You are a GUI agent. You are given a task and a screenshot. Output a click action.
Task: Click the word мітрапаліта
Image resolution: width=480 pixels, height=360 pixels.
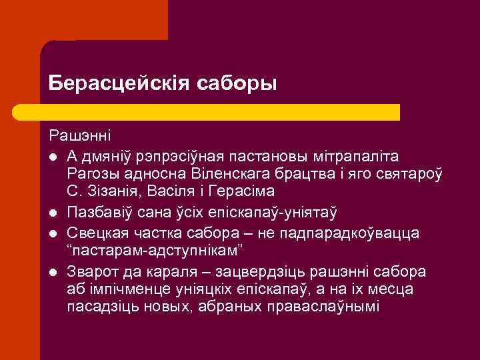(x=360, y=156)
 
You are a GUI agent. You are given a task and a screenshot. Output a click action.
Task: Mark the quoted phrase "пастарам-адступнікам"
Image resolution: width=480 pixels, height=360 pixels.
(x=153, y=252)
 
